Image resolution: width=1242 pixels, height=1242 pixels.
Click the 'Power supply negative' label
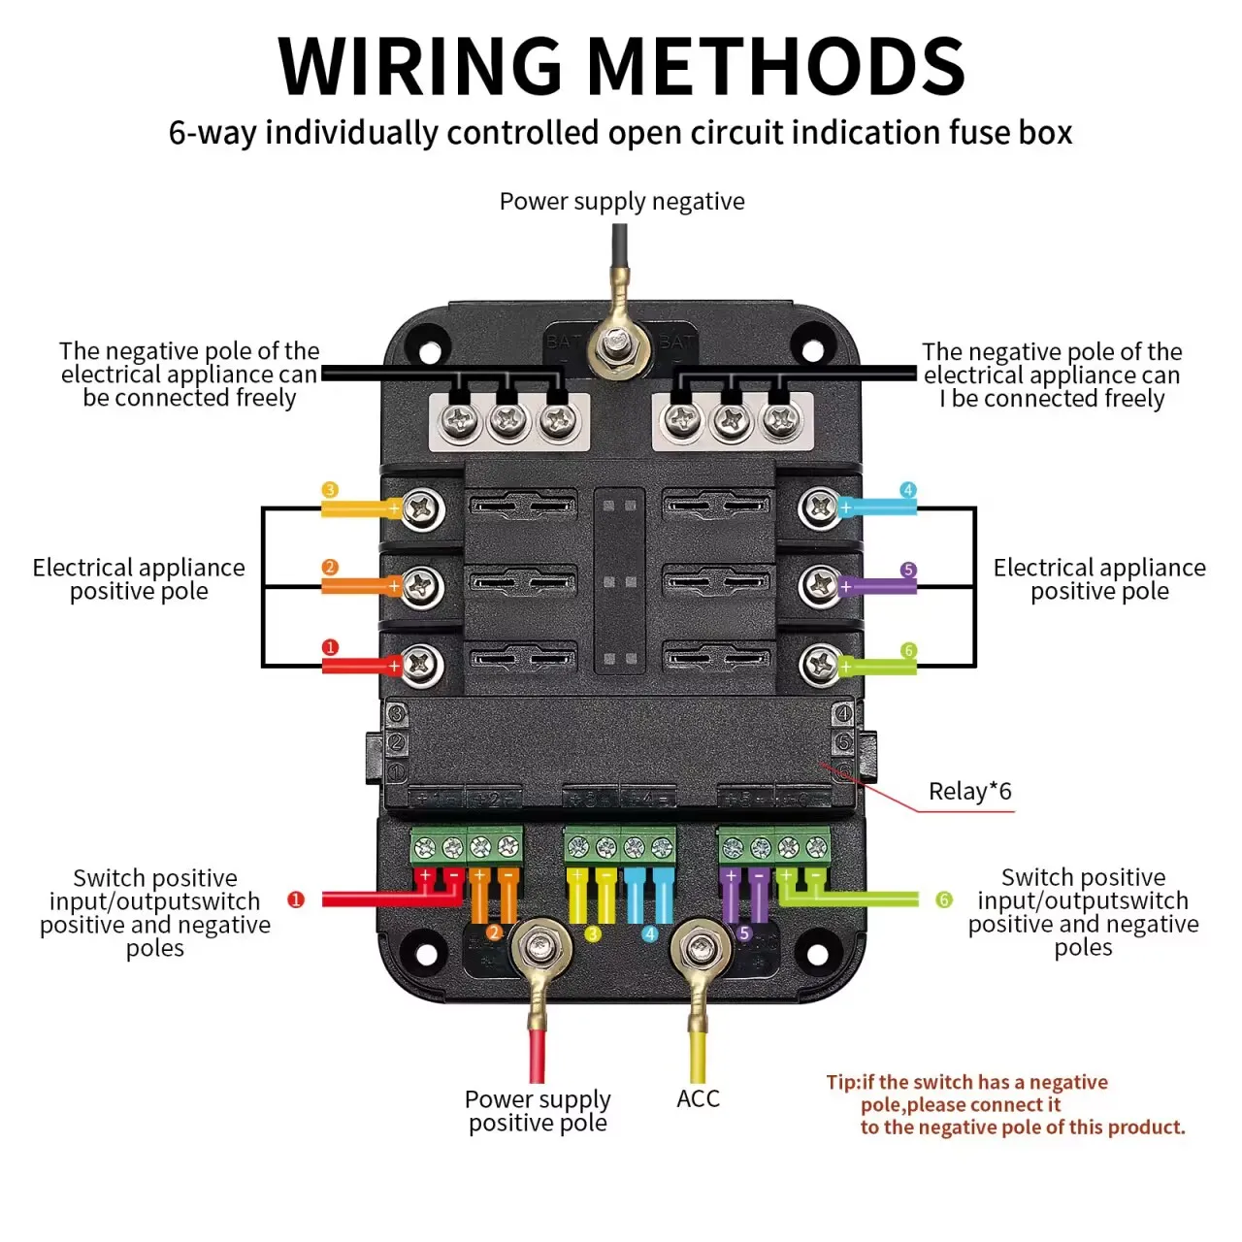(x=621, y=202)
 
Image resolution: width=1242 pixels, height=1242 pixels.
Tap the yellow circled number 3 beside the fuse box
(x=330, y=490)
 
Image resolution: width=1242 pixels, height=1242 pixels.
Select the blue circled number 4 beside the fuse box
(x=907, y=490)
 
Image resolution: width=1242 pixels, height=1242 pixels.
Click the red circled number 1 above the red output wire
(x=330, y=647)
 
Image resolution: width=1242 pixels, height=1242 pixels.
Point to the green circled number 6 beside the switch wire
(x=943, y=899)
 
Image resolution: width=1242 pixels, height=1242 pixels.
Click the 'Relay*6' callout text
(x=969, y=791)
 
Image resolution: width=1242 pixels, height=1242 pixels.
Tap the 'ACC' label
(x=698, y=1099)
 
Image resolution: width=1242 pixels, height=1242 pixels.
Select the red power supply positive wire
(x=537, y=1056)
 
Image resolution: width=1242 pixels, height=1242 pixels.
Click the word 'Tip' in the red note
(x=843, y=1082)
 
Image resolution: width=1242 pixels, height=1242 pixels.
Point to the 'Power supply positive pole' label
(x=538, y=1111)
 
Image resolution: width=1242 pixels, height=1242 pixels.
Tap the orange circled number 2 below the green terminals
(x=494, y=931)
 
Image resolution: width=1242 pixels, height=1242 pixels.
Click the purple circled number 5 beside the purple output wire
(x=907, y=570)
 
